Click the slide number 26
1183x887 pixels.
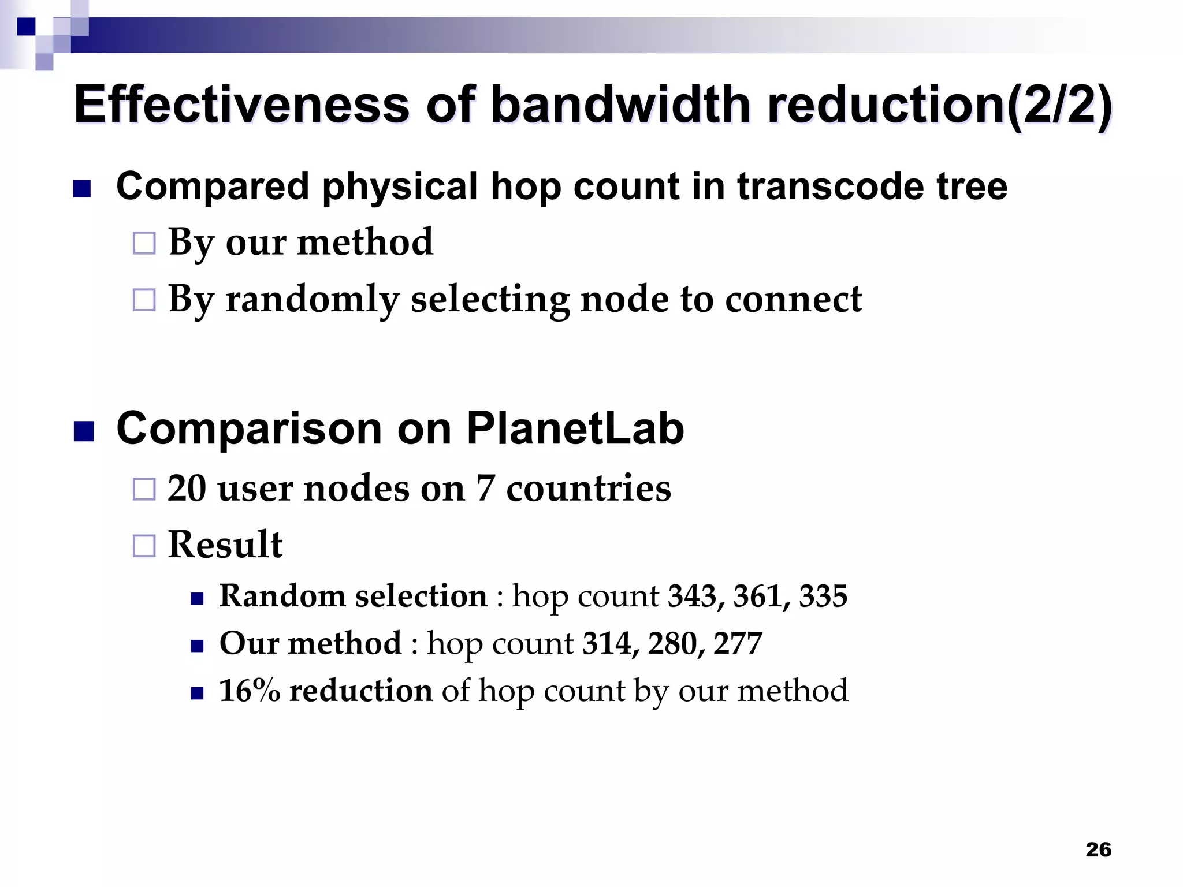pos(1098,849)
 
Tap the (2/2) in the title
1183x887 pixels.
pos(1058,105)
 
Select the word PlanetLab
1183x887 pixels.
pos(575,429)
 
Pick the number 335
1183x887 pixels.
pos(823,597)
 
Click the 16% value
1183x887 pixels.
pos(250,691)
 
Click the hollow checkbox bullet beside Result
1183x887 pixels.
pos(144,546)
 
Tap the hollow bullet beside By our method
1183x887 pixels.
pos(144,243)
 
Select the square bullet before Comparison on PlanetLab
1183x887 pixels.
pos(84,431)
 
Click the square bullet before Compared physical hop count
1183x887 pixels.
pos(83,189)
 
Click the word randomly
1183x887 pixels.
pos(312,300)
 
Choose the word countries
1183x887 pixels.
pos(589,489)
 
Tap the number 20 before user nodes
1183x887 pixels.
pos(187,489)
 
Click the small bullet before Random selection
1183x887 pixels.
pos(198,599)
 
